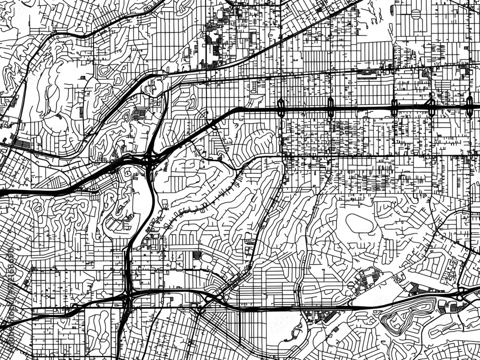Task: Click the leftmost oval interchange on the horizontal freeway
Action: click(x=281, y=108)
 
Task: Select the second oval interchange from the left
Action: click(x=330, y=108)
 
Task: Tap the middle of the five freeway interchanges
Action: click(x=394, y=108)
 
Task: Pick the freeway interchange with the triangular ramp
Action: click(x=431, y=107)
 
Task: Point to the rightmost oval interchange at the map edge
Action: click(x=469, y=107)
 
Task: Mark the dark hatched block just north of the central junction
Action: click(x=139, y=114)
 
